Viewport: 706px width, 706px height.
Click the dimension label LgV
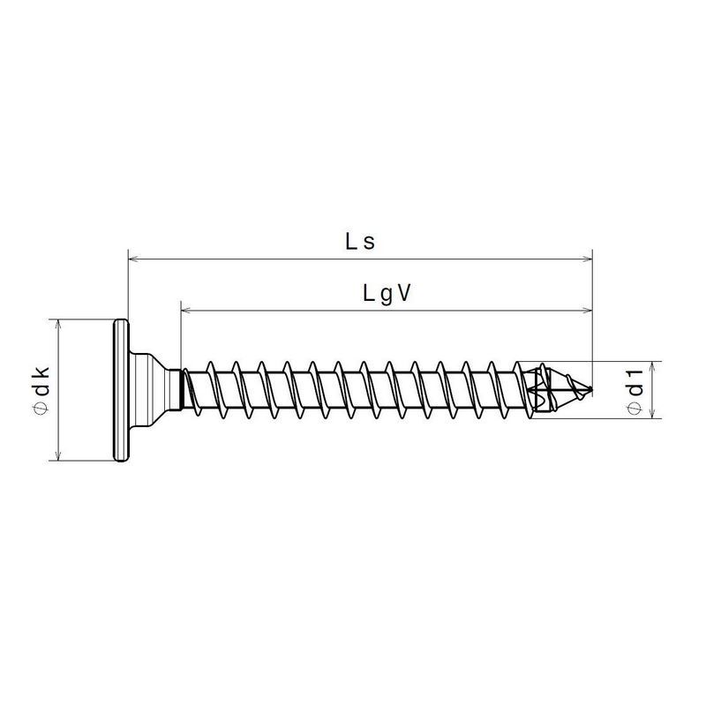(387, 294)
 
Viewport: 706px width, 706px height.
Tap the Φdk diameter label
(41, 388)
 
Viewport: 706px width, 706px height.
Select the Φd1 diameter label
(634, 389)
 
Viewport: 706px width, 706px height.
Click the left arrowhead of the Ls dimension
(134, 259)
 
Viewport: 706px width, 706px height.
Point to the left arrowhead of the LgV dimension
(187, 311)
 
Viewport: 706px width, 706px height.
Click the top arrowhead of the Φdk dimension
(57, 324)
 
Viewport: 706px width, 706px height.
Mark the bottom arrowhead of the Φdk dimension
(57, 454)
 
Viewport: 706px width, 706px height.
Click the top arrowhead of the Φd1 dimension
(653, 364)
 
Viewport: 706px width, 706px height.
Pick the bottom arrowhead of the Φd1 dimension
(653, 413)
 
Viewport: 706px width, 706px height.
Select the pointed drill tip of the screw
(565, 389)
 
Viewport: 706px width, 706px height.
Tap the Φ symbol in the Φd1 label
(634, 408)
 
